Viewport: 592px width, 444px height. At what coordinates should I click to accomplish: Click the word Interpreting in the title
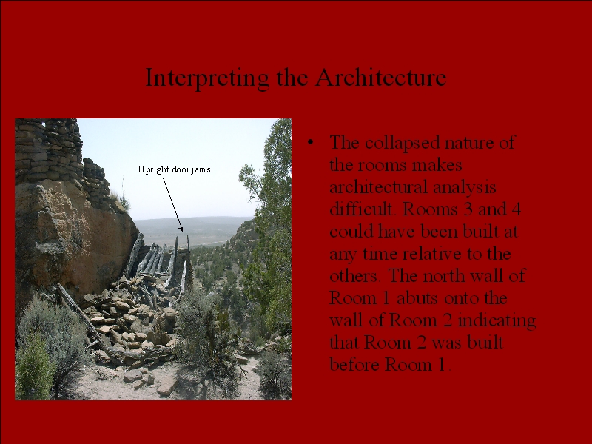coord(207,78)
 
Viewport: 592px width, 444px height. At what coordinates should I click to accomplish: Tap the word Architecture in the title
coord(381,78)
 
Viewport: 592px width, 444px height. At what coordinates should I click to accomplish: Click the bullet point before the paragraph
coord(310,142)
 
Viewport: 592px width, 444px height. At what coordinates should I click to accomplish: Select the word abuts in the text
coord(417,298)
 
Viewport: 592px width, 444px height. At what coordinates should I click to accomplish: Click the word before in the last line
coord(355,365)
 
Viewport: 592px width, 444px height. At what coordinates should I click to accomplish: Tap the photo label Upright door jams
coord(174,169)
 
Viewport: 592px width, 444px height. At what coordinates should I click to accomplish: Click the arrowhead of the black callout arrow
coord(181,229)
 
